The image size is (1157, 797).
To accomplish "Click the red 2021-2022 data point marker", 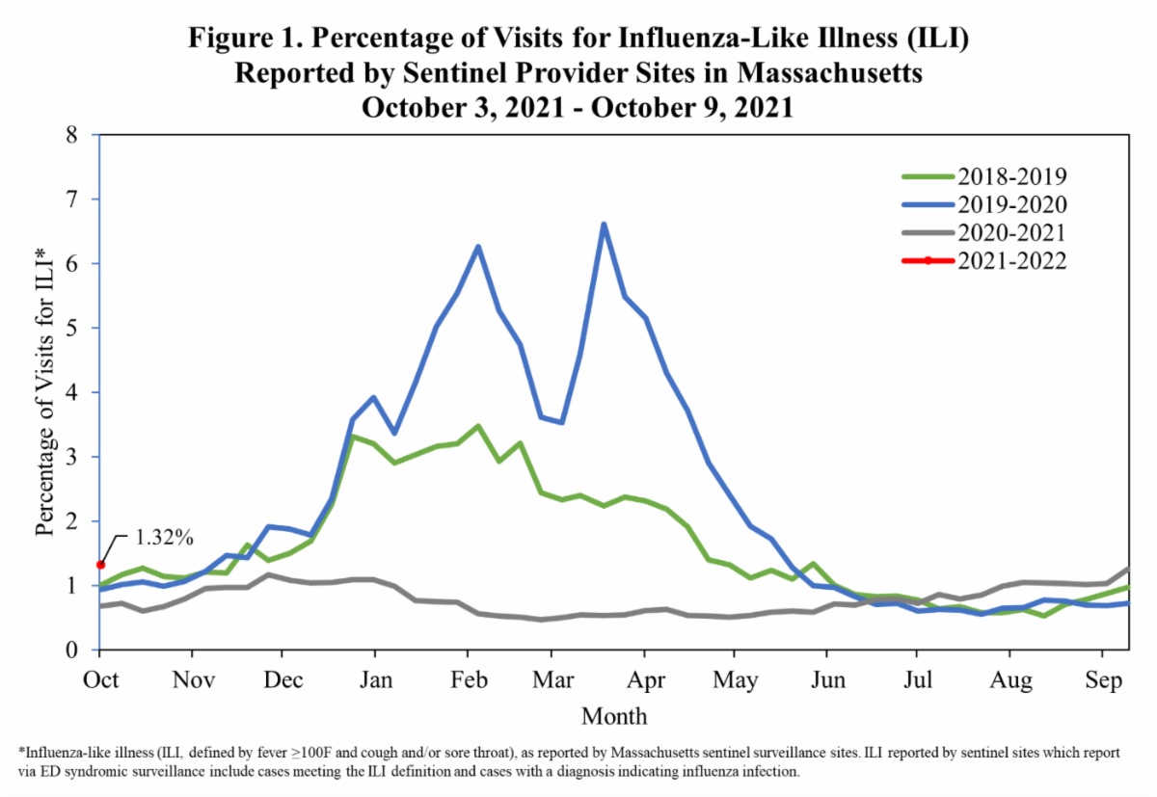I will coord(100,565).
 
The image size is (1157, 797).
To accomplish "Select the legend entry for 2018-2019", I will coord(1009,176).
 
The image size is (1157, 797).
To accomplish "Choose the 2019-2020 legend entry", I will coord(1009,204).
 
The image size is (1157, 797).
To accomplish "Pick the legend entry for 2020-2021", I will coord(1009,232).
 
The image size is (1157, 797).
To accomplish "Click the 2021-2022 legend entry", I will coord(1009,260).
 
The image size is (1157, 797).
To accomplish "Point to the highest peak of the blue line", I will coord(604,225).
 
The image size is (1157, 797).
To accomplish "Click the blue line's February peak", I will coord(477,247).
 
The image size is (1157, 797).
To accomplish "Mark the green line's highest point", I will coord(477,426).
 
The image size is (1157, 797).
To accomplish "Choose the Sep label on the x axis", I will coord(1103,680).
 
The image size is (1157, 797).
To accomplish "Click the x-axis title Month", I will coord(614,717).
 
